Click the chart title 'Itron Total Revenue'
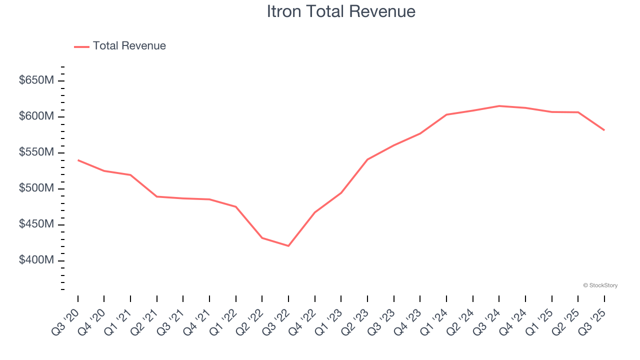click(x=341, y=11)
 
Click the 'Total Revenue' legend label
click(x=129, y=46)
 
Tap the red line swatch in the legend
click(x=81, y=46)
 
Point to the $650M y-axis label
click(x=36, y=80)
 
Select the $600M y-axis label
click(x=36, y=116)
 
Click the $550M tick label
click(x=36, y=152)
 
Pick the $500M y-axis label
click(x=36, y=188)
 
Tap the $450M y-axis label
click(x=36, y=224)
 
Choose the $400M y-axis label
click(x=36, y=260)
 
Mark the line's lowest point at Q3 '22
click(x=288, y=245)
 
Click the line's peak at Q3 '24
click(x=499, y=106)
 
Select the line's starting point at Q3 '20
click(x=78, y=160)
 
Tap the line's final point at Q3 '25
click(x=604, y=130)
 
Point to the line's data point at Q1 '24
click(x=446, y=114)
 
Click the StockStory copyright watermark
click(x=600, y=285)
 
